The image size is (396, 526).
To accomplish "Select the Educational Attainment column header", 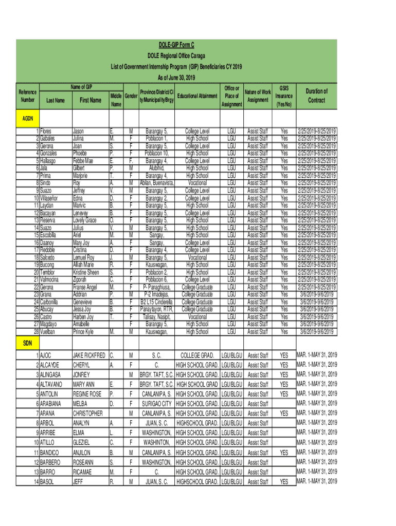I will (197, 96).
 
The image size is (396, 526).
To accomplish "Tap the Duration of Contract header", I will (316, 96).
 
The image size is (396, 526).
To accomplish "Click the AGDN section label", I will (27, 119).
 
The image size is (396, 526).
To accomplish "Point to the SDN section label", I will (27, 342).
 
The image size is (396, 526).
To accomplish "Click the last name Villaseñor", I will (52, 198).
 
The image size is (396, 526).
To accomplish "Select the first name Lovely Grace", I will (85, 220).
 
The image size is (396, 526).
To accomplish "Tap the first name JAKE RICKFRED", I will (89, 355).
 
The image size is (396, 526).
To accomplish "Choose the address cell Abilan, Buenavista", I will (158, 183).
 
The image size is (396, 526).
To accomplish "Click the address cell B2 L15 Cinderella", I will (158, 302).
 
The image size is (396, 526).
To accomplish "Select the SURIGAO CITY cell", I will (157, 403).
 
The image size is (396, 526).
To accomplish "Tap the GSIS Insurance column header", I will (284, 96).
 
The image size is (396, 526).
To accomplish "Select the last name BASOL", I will (49, 481).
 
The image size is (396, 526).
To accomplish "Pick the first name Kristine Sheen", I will (86, 272).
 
